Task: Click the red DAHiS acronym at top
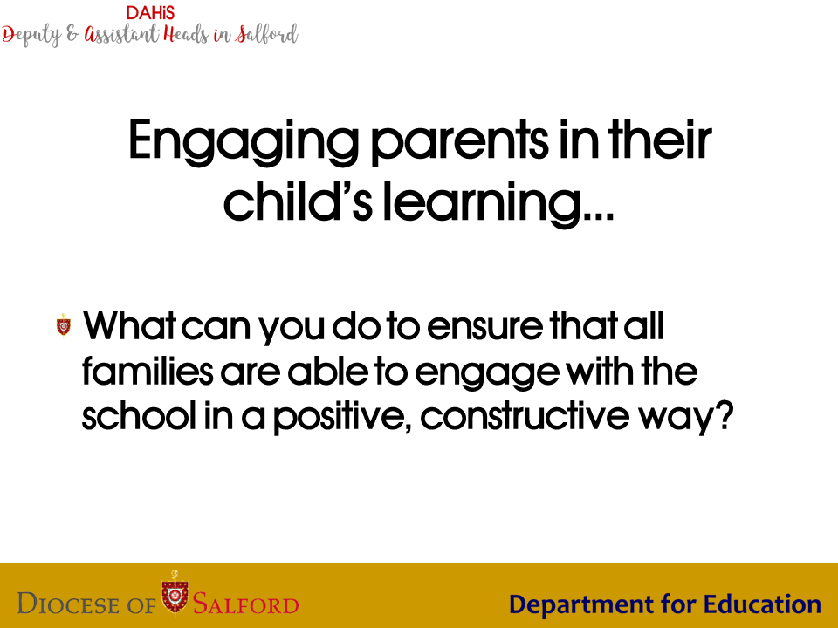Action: pos(150,13)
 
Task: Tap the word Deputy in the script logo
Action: pos(31,36)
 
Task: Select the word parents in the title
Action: pos(459,142)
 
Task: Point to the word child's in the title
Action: pos(298,200)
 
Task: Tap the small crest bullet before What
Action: pos(64,325)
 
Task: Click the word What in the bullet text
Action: pos(129,324)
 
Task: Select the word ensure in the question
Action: pos(484,326)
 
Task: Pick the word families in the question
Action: pos(148,370)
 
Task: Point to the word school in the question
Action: pos(139,414)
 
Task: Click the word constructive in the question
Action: pos(525,415)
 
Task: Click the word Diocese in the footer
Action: pos(68,604)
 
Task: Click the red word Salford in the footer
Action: pos(245,604)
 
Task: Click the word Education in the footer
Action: pos(762,604)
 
